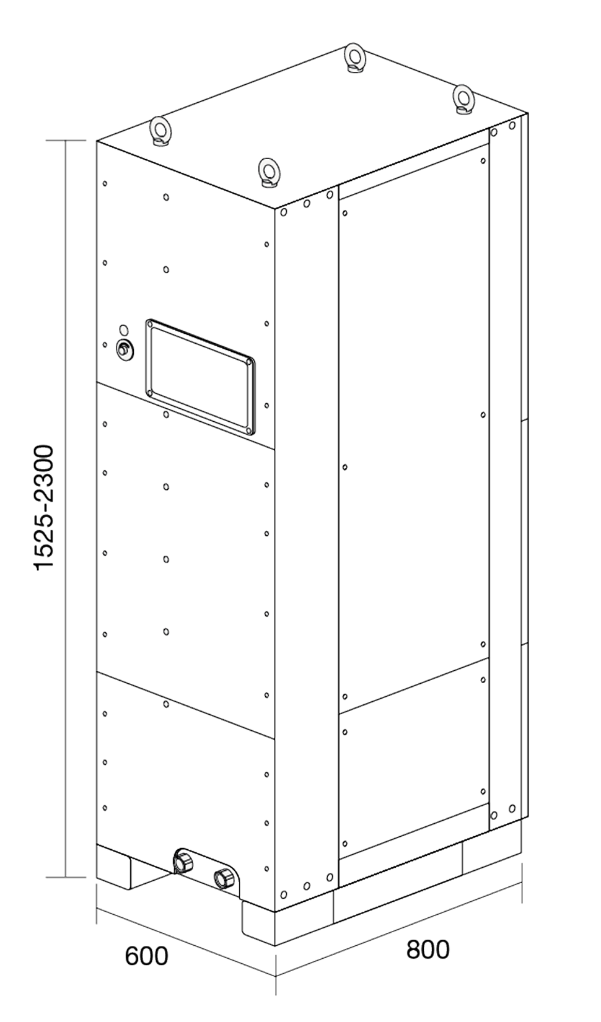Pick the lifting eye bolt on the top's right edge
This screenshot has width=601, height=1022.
click(463, 97)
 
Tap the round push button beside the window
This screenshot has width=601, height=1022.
click(125, 350)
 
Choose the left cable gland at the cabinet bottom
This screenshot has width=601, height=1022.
click(183, 860)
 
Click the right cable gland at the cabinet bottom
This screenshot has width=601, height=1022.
click(224, 878)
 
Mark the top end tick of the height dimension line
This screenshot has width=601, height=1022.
click(66, 142)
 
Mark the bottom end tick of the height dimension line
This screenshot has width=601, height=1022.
click(66, 876)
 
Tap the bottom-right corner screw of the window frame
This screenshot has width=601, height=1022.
click(248, 429)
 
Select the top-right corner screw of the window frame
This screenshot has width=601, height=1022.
click(249, 361)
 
